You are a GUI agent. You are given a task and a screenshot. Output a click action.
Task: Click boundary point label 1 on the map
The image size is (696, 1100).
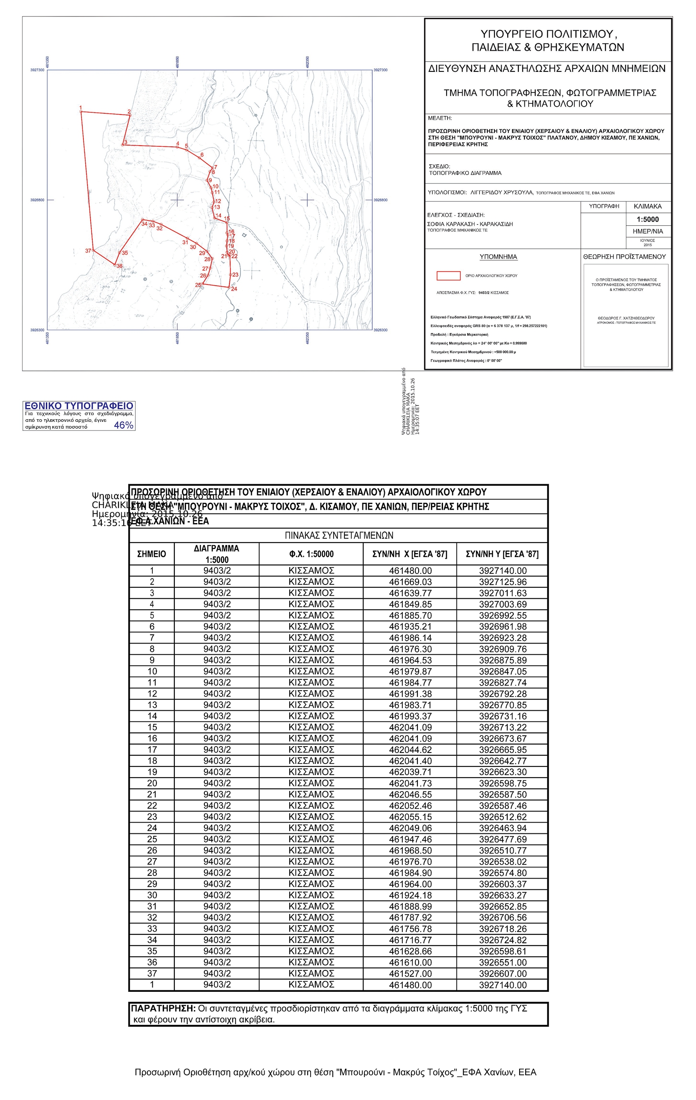[x=81, y=107]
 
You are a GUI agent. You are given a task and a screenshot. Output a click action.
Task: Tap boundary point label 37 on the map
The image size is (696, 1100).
[x=88, y=251]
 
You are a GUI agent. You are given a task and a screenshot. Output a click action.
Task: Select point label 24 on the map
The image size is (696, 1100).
[x=234, y=289]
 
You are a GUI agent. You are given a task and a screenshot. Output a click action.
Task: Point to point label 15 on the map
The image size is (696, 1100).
[x=227, y=219]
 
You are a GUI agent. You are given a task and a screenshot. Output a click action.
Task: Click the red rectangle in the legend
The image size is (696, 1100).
[x=448, y=275]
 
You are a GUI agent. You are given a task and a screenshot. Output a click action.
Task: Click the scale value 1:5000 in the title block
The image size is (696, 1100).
[x=648, y=219]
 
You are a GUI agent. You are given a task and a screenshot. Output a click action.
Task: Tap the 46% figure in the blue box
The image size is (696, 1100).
[x=123, y=425]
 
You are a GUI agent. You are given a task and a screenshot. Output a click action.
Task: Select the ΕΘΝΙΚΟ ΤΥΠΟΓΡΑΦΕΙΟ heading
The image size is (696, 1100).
[x=79, y=406]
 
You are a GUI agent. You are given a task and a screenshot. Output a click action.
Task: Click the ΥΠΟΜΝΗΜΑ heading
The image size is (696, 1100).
[x=498, y=257]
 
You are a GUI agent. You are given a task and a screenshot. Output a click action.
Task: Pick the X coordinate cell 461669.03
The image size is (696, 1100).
[x=410, y=582]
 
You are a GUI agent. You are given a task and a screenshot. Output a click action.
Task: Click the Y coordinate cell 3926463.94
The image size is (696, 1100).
[x=503, y=828]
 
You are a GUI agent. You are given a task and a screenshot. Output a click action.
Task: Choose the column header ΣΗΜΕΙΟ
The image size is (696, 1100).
[x=152, y=554]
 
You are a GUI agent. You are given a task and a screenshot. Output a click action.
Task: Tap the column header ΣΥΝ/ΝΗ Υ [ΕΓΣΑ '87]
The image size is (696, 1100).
[x=502, y=554]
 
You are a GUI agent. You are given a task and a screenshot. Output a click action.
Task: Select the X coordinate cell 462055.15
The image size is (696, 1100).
[x=410, y=817]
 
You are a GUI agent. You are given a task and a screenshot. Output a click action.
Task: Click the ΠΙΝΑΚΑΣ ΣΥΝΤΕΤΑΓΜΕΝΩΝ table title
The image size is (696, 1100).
[x=339, y=535]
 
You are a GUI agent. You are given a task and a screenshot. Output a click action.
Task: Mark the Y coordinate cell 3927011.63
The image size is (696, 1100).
[x=503, y=593]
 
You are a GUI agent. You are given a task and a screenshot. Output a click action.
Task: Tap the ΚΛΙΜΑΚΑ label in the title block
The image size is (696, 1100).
[x=648, y=207]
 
